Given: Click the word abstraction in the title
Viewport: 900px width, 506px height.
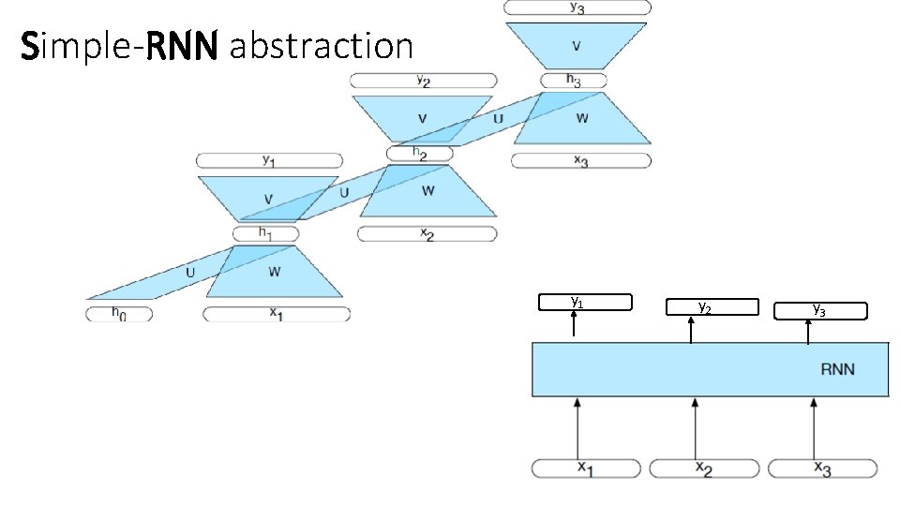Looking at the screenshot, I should (320, 45).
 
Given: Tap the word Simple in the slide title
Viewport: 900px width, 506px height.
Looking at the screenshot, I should (82, 45).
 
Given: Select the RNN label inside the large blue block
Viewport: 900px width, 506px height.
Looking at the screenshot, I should (837, 369).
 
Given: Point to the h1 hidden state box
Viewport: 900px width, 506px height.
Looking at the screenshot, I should (265, 233).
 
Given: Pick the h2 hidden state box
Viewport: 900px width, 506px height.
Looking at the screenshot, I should (419, 153).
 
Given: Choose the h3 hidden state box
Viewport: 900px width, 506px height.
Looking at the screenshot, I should (574, 81).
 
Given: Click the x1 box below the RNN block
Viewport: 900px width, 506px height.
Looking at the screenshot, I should (587, 468).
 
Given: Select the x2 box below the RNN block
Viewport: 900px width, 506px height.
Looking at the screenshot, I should (704, 468).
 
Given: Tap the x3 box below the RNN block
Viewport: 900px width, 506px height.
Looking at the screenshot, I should (822, 468).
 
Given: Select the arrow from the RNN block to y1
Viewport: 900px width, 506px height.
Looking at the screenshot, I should (577, 326).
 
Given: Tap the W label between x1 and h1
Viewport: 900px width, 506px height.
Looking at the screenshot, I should (275, 272).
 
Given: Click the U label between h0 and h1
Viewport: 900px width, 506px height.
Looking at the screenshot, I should (190, 273).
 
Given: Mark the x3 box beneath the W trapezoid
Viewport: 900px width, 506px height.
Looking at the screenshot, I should (581, 161).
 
